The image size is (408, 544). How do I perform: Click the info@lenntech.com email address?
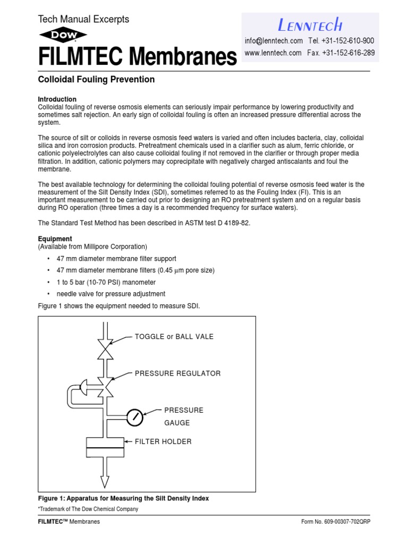(x=274, y=41)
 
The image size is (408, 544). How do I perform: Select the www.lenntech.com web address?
(x=273, y=53)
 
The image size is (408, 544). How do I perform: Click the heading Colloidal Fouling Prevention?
(x=96, y=80)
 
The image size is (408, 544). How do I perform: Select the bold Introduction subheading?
(x=57, y=99)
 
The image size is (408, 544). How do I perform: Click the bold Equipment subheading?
(x=55, y=239)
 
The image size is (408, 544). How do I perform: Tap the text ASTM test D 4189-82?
(x=216, y=223)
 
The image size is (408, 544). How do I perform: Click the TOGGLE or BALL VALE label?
(x=174, y=337)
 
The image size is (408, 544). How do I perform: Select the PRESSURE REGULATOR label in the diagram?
(x=177, y=373)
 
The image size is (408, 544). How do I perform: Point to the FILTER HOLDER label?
(x=163, y=441)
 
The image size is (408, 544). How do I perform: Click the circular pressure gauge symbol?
(x=135, y=418)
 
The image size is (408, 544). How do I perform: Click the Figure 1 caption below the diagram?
(x=123, y=498)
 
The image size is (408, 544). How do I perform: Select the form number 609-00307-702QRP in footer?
(x=335, y=522)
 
